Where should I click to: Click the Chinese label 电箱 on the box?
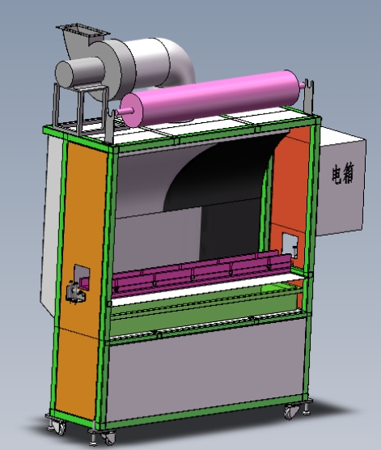[x=343, y=174]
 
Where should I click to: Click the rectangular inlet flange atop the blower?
[x=83, y=31]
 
